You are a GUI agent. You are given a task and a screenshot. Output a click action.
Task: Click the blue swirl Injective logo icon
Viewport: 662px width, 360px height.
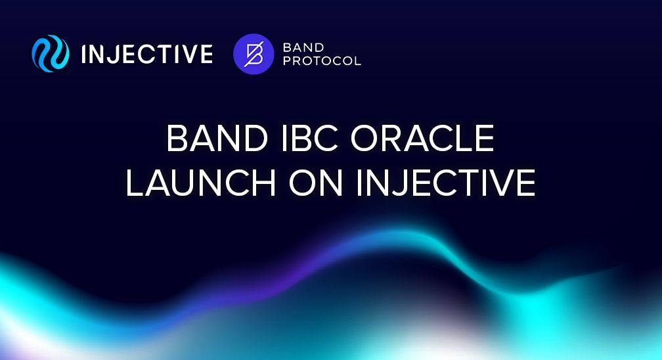50,54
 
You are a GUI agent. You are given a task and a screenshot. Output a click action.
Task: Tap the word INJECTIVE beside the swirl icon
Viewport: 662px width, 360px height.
147,54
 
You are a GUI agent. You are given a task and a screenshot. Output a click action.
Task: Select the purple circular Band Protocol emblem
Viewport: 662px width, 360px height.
254,54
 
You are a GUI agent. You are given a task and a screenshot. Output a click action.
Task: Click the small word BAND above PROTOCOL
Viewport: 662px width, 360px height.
303,47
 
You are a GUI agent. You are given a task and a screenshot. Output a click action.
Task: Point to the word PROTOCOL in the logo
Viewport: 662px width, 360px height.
322,61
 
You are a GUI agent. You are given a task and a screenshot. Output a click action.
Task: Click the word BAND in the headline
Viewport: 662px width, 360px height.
217,138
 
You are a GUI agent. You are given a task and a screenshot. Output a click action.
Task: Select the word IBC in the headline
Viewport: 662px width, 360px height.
309,138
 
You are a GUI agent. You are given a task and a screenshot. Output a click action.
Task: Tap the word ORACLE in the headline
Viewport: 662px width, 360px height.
422,138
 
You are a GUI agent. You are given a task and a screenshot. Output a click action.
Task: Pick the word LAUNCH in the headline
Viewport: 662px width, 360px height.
200,183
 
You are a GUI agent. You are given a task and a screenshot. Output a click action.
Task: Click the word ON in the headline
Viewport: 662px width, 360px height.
315,183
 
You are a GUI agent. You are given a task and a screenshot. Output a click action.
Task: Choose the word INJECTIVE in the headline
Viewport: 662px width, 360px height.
446,183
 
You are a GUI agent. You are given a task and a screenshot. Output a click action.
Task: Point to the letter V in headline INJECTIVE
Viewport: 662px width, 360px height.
495,183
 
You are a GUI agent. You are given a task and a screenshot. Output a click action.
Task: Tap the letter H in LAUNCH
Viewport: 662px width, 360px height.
263,183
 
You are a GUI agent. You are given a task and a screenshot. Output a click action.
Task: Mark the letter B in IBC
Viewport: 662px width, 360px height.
298,138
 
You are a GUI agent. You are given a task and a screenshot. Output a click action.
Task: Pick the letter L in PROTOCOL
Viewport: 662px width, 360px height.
357,61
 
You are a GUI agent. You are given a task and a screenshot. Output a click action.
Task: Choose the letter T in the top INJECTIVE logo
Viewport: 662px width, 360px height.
164,54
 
